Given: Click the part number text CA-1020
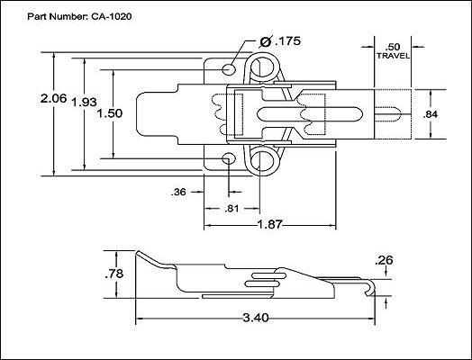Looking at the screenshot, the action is click(112, 16).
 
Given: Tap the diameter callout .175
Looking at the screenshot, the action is click(287, 40).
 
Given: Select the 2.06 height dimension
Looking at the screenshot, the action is click(53, 98).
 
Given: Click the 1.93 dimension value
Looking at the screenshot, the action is click(85, 102).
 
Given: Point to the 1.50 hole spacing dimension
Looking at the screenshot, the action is click(110, 113).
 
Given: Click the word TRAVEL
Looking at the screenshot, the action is click(393, 56).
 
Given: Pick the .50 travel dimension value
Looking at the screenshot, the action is click(393, 47).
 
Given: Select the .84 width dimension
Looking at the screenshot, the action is click(431, 114).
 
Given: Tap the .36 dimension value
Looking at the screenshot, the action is click(178, 192).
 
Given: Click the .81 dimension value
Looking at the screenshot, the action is click(231, 209).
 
